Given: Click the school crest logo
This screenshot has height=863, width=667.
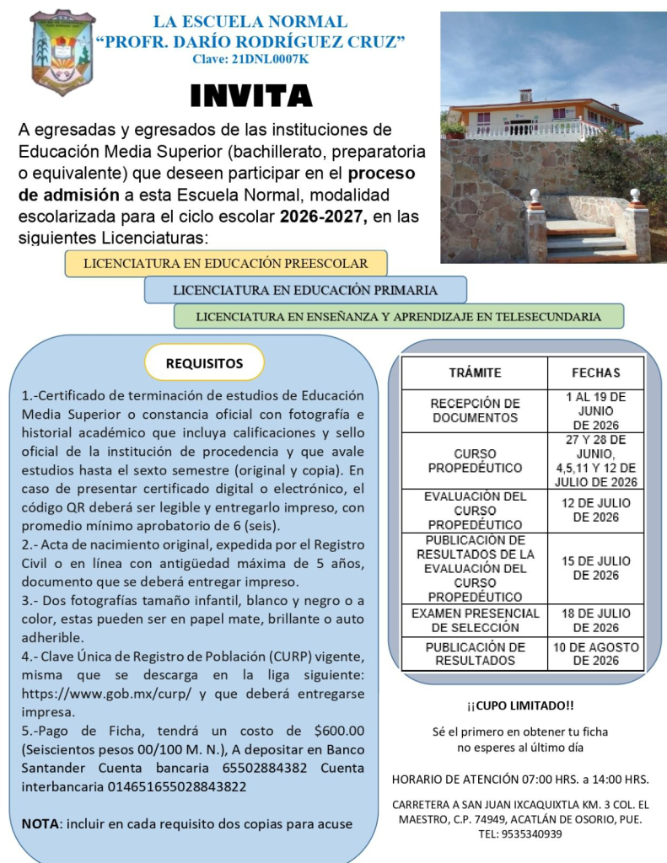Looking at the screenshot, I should [62, 52].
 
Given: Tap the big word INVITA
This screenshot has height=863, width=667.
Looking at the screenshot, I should [251, 96].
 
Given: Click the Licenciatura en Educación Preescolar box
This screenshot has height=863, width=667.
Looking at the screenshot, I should [226, 263].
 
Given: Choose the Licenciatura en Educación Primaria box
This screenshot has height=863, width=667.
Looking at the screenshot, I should [305, 290].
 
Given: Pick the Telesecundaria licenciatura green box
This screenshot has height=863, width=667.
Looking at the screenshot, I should [398, 317].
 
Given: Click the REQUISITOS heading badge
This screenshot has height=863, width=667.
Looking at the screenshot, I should [204, 363].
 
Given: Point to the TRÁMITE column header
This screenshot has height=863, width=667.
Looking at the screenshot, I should [475, 373].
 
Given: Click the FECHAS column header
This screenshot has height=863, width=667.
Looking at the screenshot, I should [595, 373].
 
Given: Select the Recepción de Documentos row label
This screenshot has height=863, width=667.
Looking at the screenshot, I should [475, 410].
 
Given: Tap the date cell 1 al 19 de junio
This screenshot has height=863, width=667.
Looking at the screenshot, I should [595, 410].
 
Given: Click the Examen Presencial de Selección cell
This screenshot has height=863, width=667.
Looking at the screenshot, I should [475, 620].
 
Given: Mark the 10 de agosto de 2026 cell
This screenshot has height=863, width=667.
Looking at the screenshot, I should [595, 654].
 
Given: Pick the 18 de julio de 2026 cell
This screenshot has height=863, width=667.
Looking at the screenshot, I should [595, 620].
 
